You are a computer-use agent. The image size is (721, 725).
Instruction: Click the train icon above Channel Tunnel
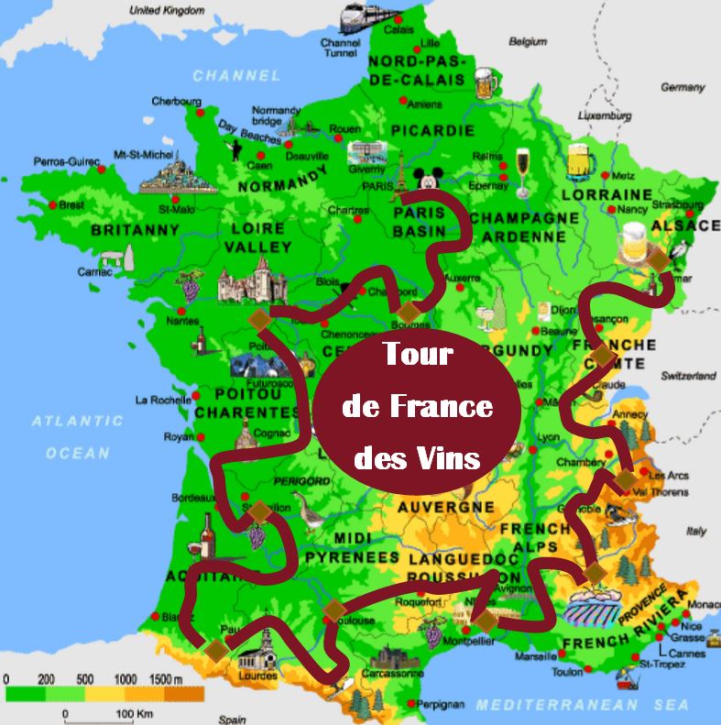366,16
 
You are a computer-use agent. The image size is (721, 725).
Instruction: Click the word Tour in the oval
417,354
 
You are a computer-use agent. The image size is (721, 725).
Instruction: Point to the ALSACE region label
685,225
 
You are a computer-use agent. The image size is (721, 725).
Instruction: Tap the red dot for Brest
53,204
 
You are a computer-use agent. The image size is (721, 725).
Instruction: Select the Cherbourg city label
176,101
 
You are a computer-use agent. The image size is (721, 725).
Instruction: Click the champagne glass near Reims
523,171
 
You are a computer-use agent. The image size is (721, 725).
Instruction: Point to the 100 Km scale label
130,713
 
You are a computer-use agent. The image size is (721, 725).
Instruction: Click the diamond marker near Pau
217,649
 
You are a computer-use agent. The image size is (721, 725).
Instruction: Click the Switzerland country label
689,376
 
